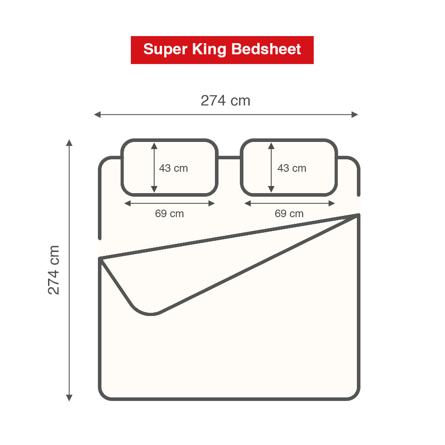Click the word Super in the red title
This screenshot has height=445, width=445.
point(165,50)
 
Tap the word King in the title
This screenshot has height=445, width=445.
point(209,50)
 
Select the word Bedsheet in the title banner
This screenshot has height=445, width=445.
point(266,49)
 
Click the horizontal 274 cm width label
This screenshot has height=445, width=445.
point(225,101)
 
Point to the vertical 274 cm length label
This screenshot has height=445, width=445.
point(54,270)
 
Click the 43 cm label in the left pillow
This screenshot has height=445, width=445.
point(174,168)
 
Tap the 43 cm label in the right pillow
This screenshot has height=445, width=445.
point(292,168)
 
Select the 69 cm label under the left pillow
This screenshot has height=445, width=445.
point(170,214)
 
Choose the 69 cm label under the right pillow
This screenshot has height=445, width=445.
point(289,214)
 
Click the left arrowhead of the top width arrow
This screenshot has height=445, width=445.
point(97,115)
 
